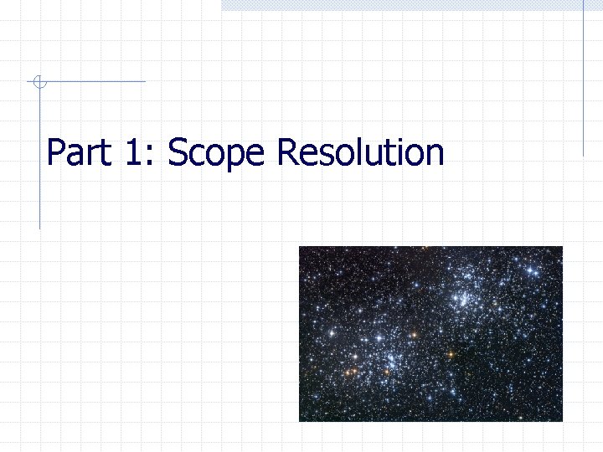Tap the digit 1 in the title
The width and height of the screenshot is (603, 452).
coord(135,153)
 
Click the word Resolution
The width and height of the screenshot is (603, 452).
coord(360,153)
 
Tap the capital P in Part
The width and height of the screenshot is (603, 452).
coord(56,153)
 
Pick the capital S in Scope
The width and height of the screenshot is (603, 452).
coord(178,153)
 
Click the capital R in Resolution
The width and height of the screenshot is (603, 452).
coord(287,153)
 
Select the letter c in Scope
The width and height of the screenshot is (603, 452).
coord(197,157)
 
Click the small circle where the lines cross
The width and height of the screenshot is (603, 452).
coord(38,81)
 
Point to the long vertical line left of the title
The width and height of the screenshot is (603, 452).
coord(39,167)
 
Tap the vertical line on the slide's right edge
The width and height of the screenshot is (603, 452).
coord(583,80)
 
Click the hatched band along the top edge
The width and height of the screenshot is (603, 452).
coord(402,5)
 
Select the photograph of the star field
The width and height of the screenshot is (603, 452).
coord(430,333)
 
